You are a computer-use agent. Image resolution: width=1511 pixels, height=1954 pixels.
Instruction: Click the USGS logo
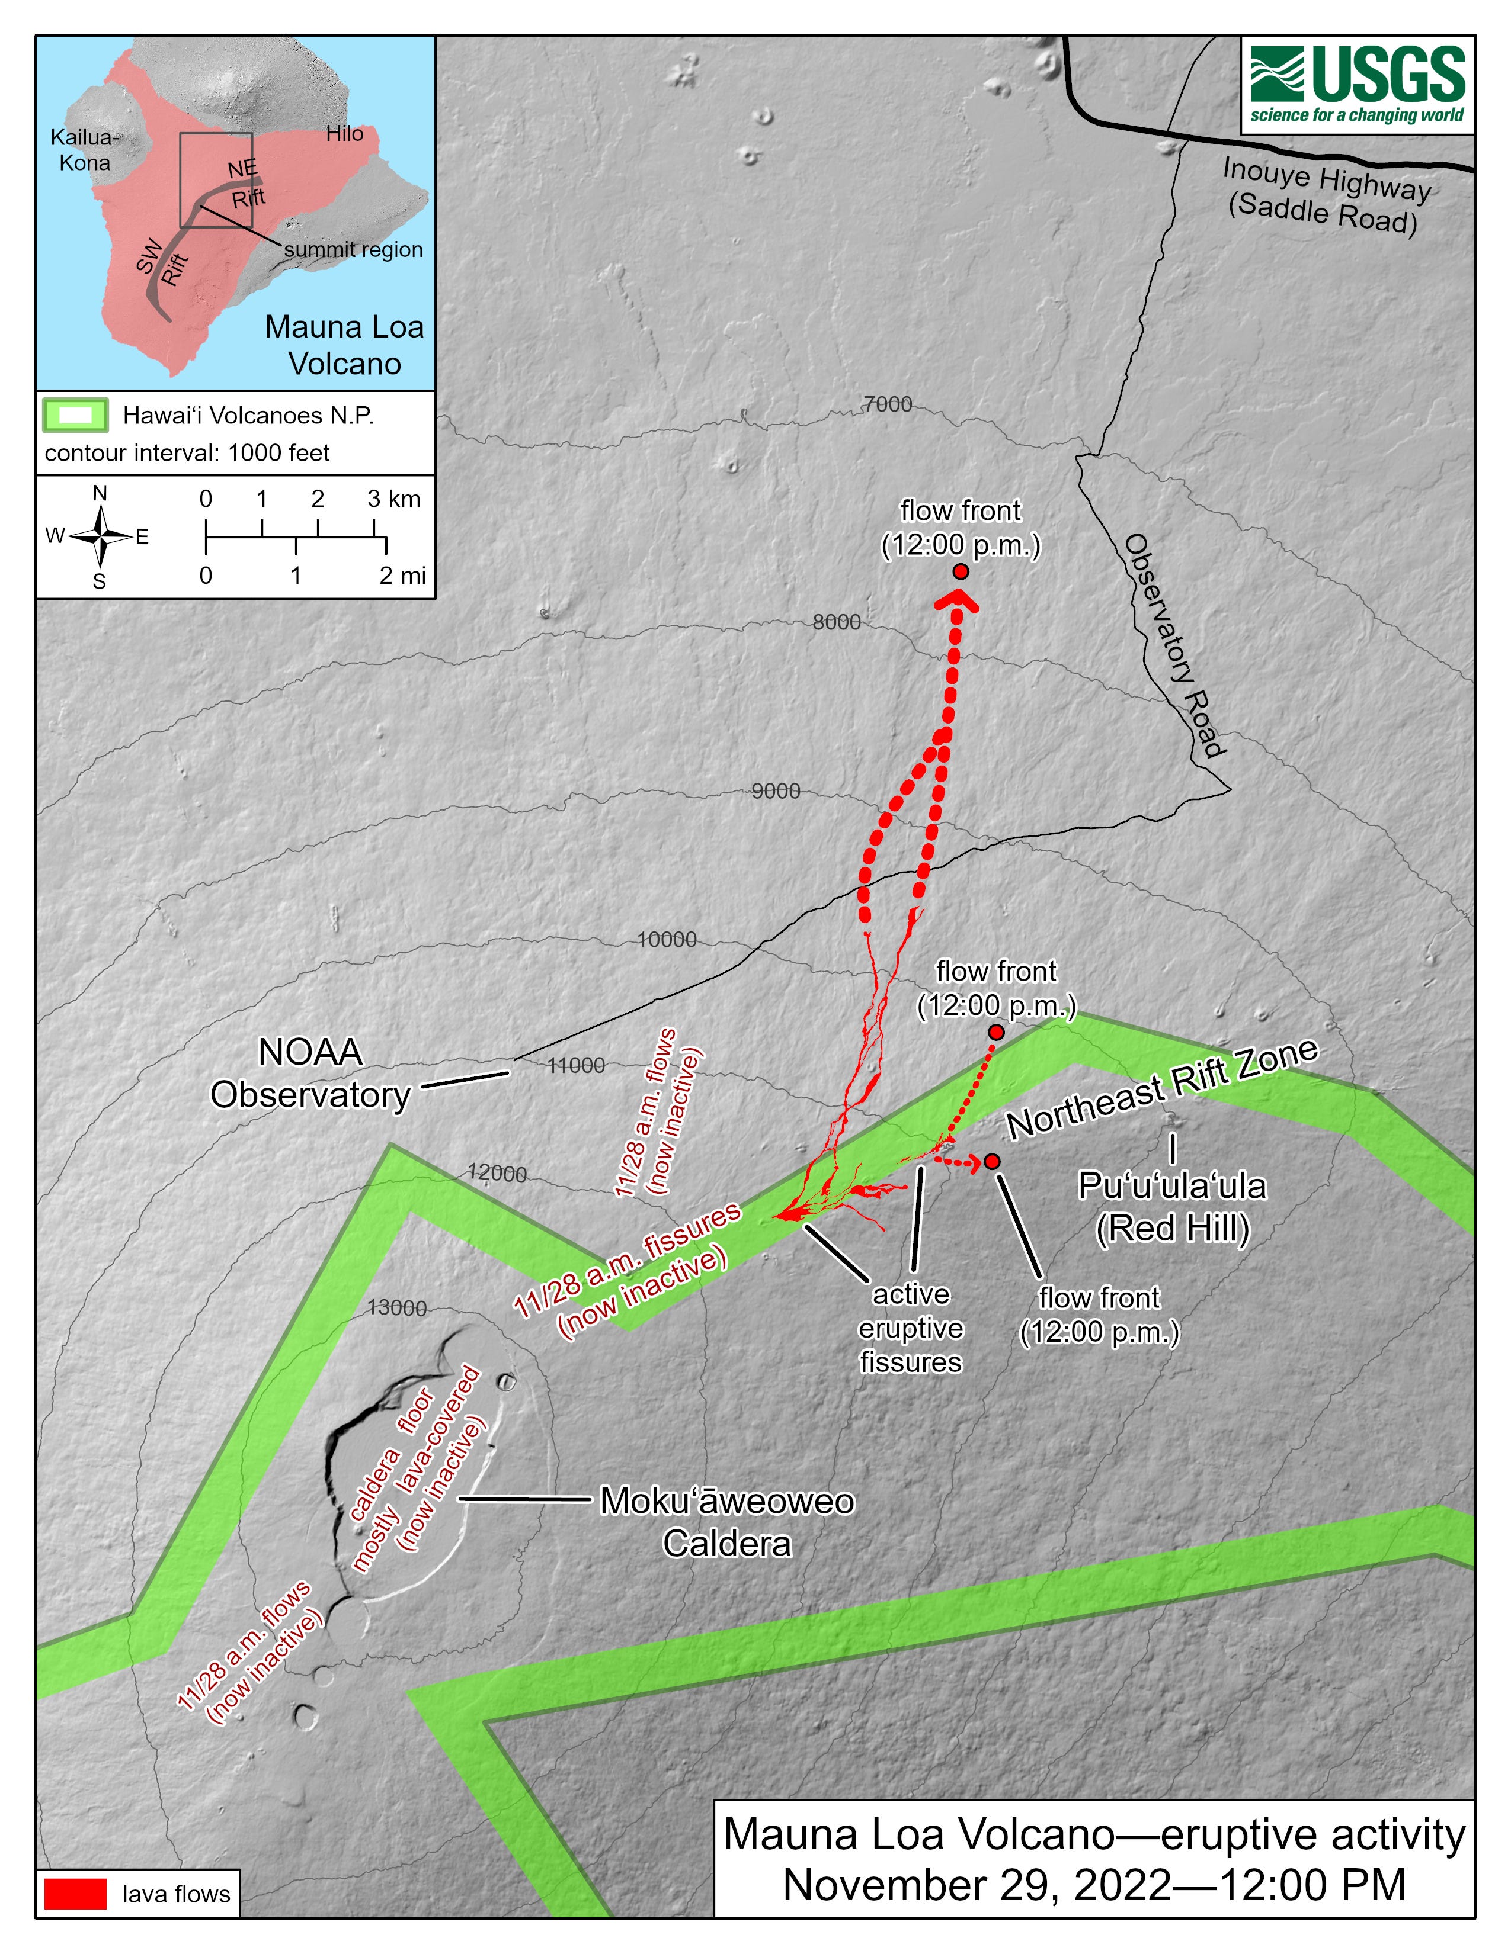point(1357,86)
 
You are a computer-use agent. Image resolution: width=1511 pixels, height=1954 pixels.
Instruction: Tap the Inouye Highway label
point(1326,196)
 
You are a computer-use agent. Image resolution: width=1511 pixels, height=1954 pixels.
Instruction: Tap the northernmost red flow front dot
point(961,572)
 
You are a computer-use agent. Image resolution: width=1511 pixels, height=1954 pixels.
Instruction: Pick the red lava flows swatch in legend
point(76,1894)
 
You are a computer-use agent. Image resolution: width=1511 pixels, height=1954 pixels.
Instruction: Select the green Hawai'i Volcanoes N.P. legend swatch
point(76,415)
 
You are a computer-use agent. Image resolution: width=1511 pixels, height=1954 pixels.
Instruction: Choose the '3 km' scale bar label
point(394,499)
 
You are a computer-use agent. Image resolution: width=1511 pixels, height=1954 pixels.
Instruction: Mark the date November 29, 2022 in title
point(976,1886)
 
